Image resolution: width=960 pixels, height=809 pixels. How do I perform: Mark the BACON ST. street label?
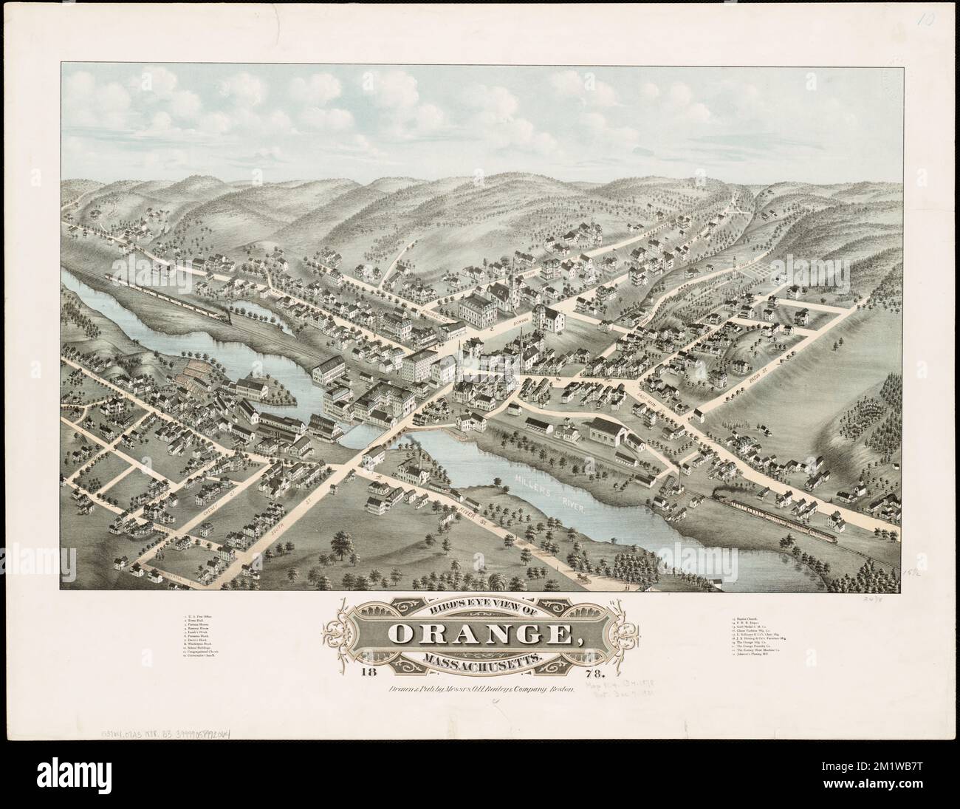[746, 383]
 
